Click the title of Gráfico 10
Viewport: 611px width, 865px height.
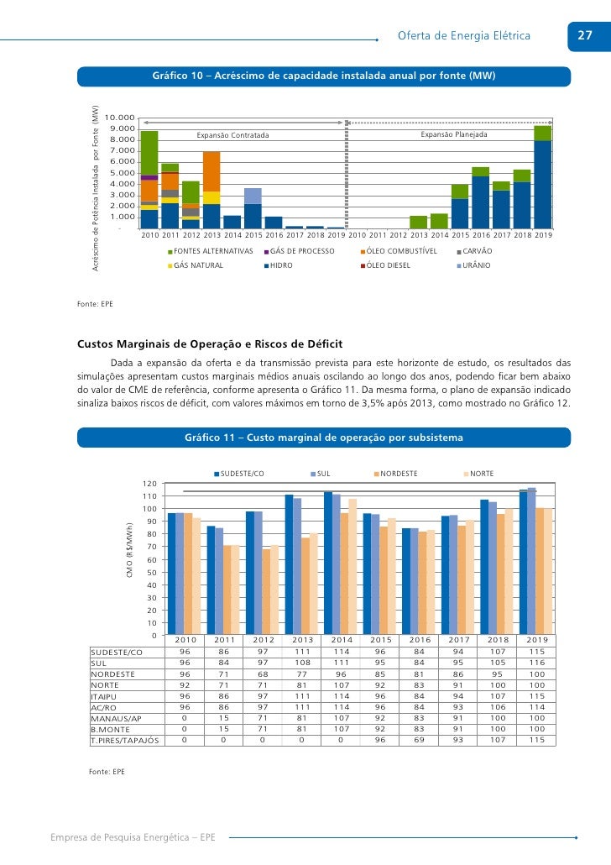pos(324,76)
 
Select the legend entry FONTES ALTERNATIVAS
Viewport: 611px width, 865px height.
pos(213,251)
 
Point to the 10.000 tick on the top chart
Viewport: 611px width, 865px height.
pos(121,118)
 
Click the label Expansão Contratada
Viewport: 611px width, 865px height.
pos(232,135)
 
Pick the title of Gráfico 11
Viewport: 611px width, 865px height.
pos(324,438)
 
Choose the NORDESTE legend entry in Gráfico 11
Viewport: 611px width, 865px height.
pos(399,474)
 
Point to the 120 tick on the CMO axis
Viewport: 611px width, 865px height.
pos(149,484)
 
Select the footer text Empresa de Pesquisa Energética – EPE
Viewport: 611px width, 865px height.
pos(133,837)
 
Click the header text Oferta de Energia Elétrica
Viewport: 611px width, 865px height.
pos(463,36)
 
